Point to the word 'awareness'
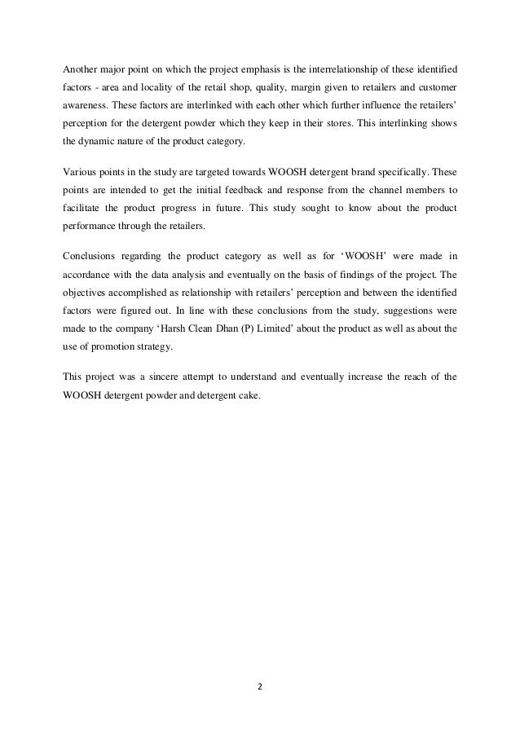pyautogui.click(x=87, y=107)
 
